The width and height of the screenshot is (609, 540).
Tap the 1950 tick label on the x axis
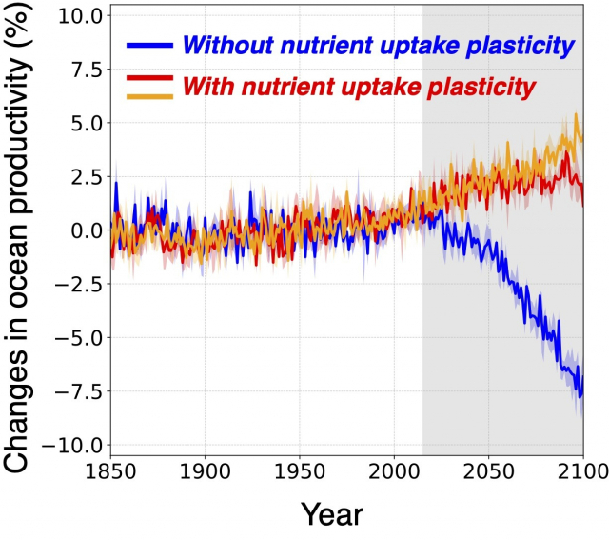(300, 471)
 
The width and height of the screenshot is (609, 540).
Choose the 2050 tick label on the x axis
(488, 471)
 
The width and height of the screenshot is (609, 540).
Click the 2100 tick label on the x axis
(581, 471)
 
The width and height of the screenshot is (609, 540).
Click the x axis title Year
(332, 514)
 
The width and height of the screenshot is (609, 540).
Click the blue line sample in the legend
(149, 45)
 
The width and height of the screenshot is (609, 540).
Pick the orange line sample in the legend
(149, 95)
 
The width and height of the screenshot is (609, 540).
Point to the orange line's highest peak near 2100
(576, 115)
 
